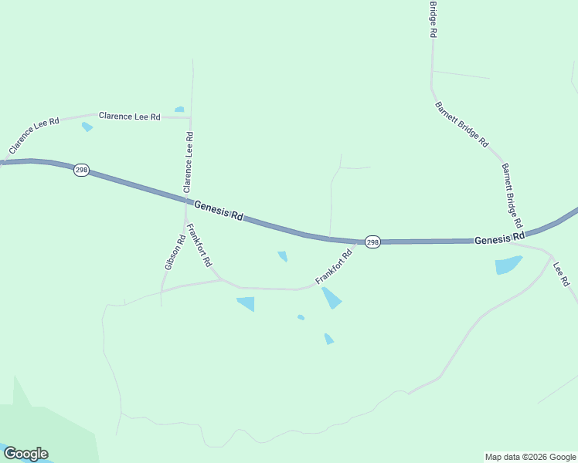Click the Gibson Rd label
175,252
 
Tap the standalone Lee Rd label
562,273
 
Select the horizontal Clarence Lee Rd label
129,117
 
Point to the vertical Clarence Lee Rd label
188,162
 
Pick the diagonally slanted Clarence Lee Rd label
34,134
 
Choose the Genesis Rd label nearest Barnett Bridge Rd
499,238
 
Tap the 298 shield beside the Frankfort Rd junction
372,242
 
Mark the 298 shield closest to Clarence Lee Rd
81,170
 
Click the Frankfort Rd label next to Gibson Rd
199,245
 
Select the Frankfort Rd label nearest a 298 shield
334,266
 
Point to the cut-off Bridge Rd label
433,19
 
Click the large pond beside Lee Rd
508,265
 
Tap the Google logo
25,454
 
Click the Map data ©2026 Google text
529,457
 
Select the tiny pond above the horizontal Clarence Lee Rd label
179,110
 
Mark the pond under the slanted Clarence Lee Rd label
87,127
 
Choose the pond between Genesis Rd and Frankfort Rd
283,255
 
